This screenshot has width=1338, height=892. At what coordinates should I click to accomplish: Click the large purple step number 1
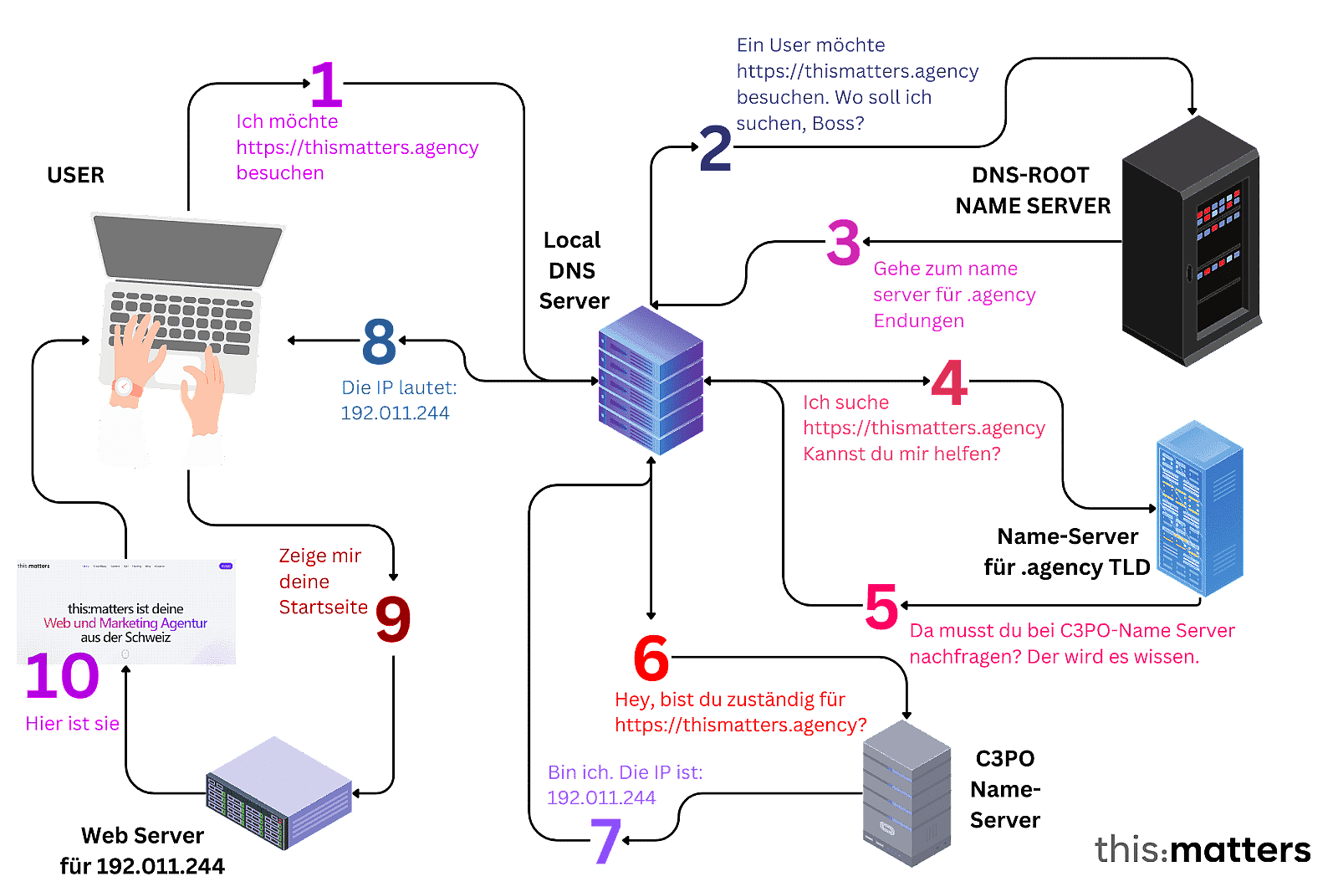[327, 85]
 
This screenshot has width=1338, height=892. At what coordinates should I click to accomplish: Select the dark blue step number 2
[715, 149]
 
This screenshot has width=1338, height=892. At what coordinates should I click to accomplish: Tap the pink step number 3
[843, 242]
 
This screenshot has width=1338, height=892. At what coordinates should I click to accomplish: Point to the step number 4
[950, 382]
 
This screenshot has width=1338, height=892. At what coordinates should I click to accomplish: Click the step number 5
[881, 606]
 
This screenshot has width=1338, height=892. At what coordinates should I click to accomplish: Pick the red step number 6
[651, 657]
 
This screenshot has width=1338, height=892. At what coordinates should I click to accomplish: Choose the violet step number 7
[605, 839]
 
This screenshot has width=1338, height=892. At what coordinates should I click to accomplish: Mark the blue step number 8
[379, 341]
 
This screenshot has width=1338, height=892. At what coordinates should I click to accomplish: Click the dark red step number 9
[393, 619]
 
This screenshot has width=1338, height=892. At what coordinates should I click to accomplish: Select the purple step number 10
[62, 676]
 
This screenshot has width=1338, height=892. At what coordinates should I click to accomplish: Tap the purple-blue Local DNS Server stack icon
[651, 381]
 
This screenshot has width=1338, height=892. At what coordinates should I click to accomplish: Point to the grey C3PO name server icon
[906, 793]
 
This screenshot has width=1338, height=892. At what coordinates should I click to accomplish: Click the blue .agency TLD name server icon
[1199, 508]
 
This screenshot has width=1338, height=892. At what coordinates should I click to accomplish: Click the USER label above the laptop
[75, 176]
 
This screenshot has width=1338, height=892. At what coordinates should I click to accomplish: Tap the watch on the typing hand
[124, 387]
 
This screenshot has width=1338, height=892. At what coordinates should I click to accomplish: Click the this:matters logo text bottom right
[1202, 849]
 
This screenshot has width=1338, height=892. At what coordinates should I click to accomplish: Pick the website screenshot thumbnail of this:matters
[126, 611]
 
